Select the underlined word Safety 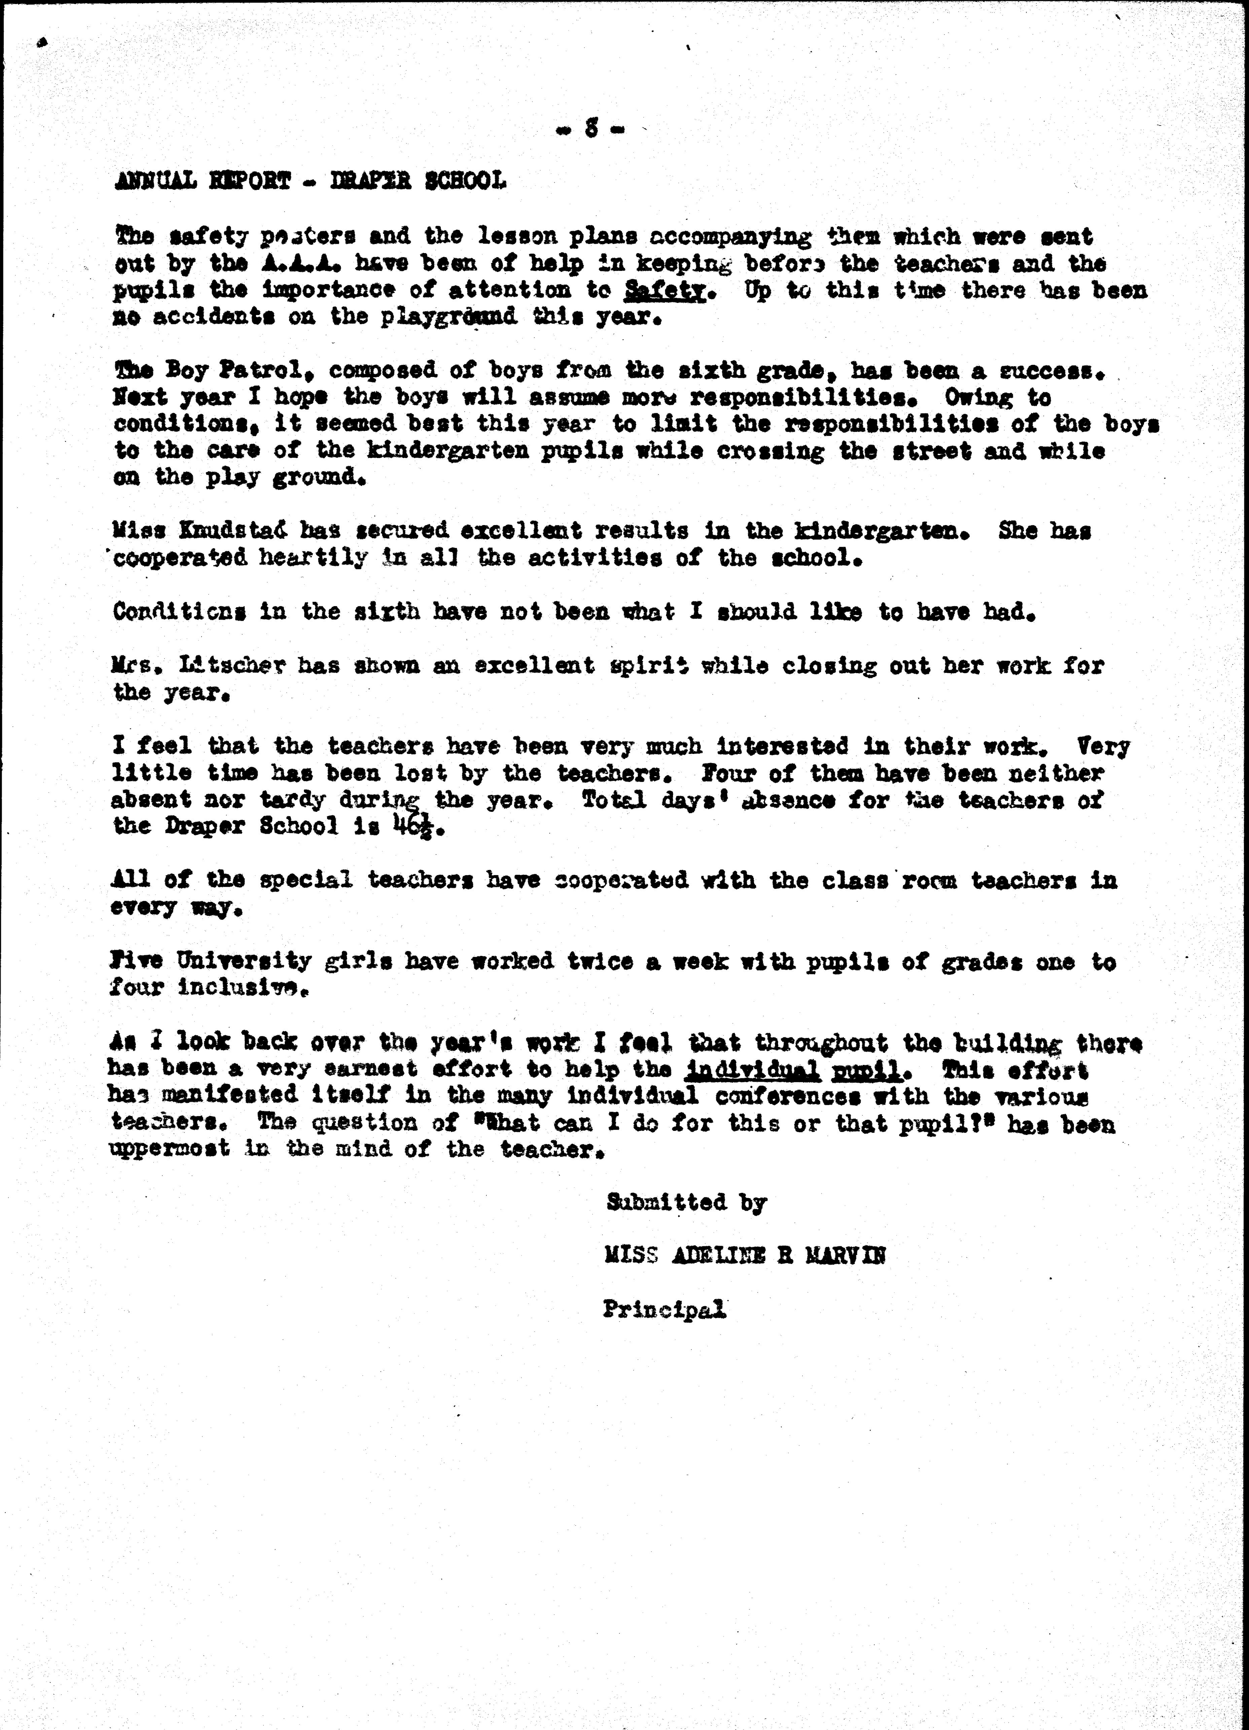663,290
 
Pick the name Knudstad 229,530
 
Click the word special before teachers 305,880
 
